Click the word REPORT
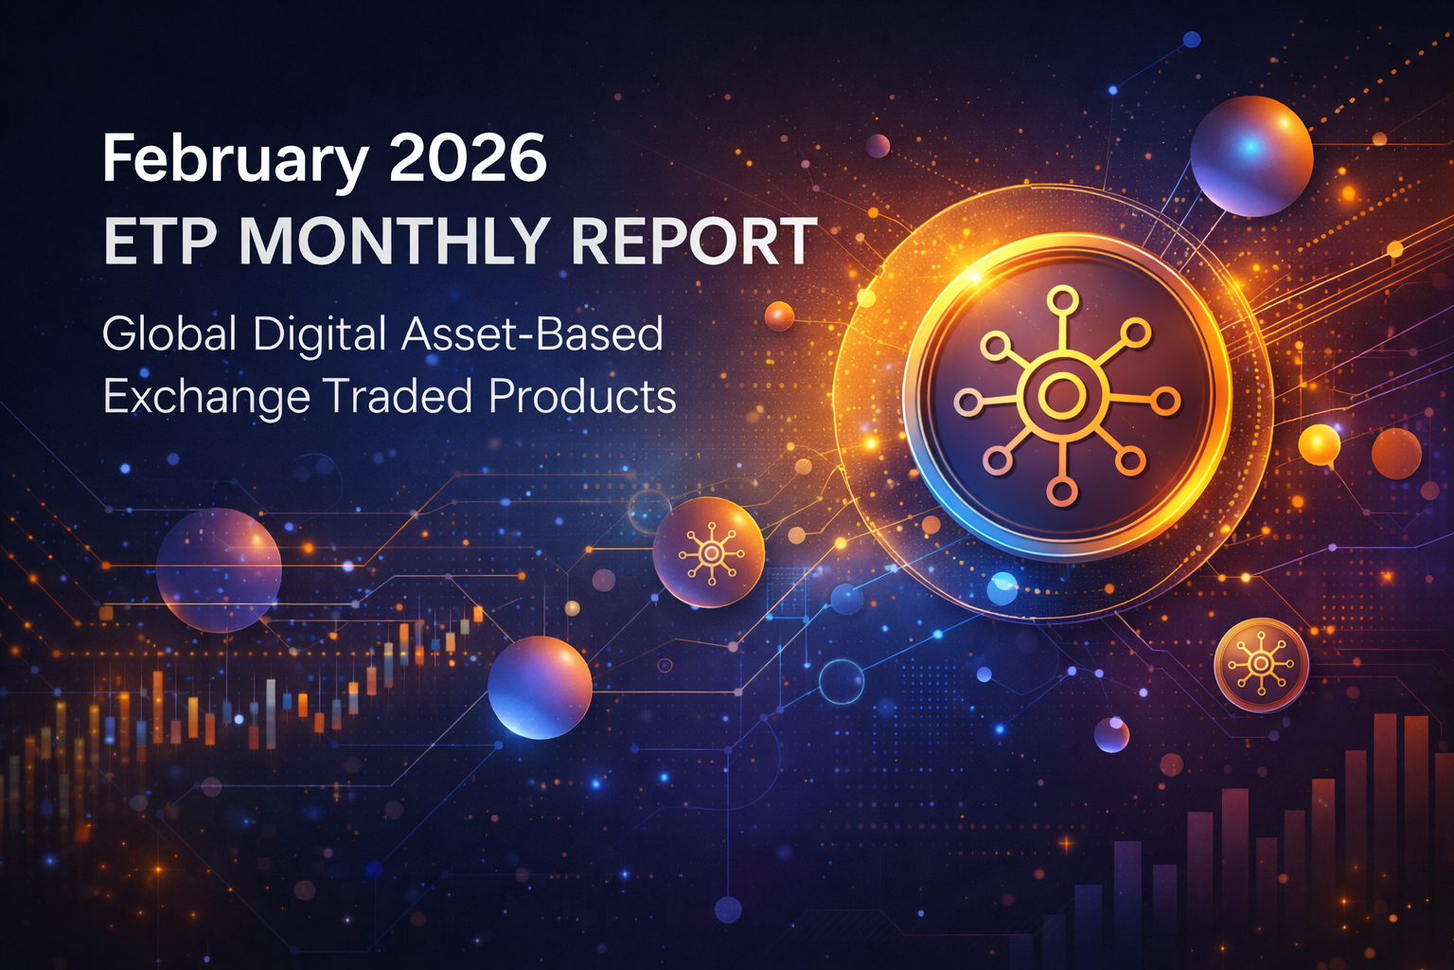click(693, 241)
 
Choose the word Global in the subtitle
click(169, 334)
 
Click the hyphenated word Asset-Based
click(532, 334)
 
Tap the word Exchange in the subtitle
click(205, 396)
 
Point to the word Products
click(582, 396)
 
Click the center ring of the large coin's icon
click(1062, 395)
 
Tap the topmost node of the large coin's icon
click(1063, 301)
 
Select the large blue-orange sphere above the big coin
click(1250, 156)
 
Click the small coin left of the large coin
click(708, 551)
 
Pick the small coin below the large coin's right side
click(1261, 664)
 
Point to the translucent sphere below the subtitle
click(219, 570)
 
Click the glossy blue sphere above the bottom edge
click(540, 687)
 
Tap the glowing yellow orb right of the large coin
click(1319, 444)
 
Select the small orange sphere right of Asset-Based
click(779, 316)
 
